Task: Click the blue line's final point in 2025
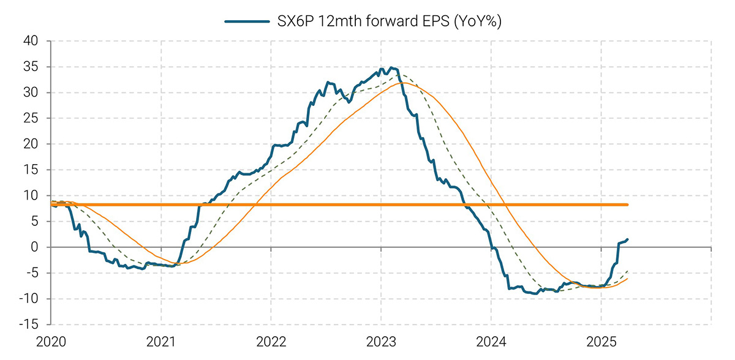628,239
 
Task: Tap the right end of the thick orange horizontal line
627,204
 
